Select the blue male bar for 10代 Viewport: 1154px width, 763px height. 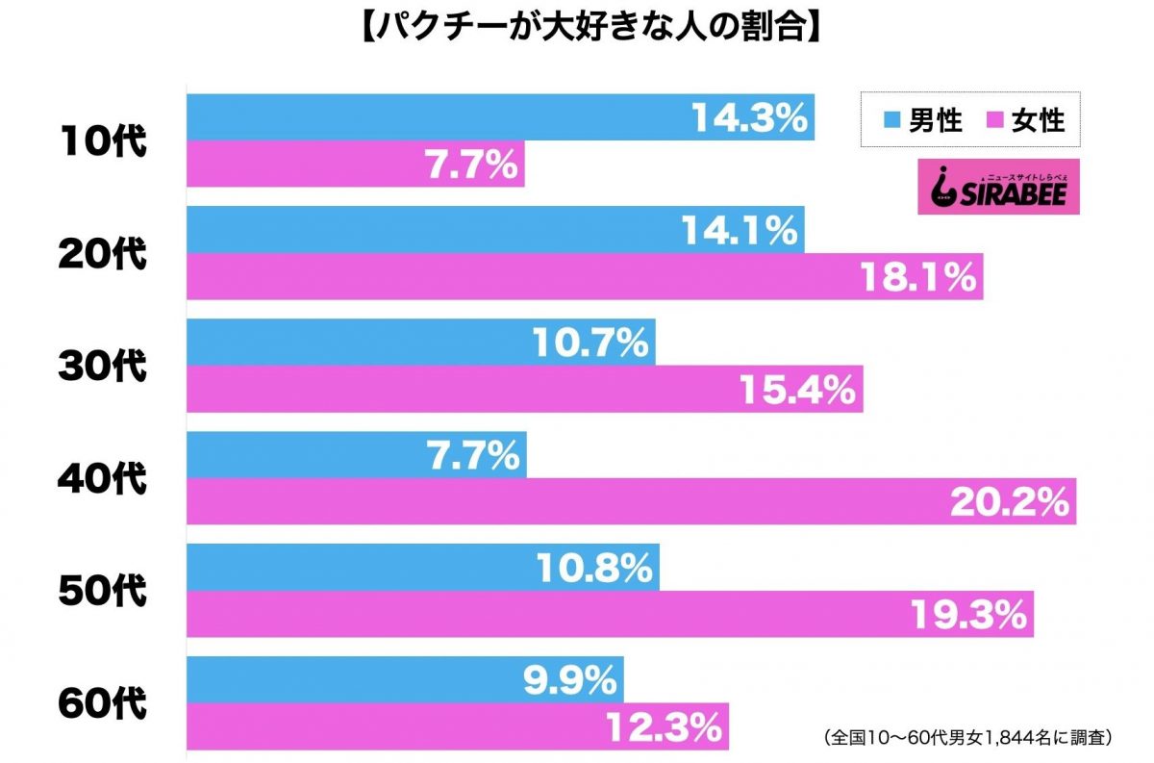pos(433,117)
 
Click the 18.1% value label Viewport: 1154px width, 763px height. pos(919,277)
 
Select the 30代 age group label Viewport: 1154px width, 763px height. pos(101,367)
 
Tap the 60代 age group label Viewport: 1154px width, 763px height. pos(101,703)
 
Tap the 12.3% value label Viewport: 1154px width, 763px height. pos(665,726)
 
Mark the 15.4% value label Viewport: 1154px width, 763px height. pos(797,390)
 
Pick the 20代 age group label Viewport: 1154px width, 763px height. pos(101,254)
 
